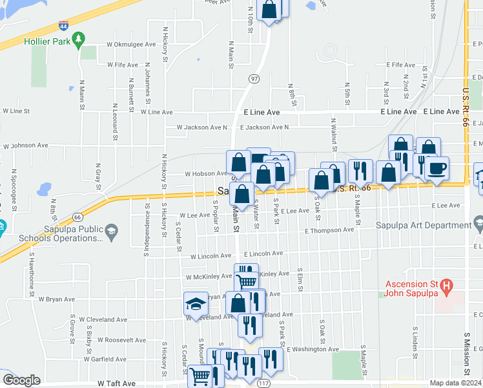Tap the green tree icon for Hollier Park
click(x=79, y=41)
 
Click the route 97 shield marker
click(x=254, y=78)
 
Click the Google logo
click(x=22, y=380)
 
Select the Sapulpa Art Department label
click(x=422, y=225)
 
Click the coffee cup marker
click(x=437, y=169)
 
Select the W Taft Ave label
click(x=118, y=383)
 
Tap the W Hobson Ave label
click(x=206, y=174)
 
